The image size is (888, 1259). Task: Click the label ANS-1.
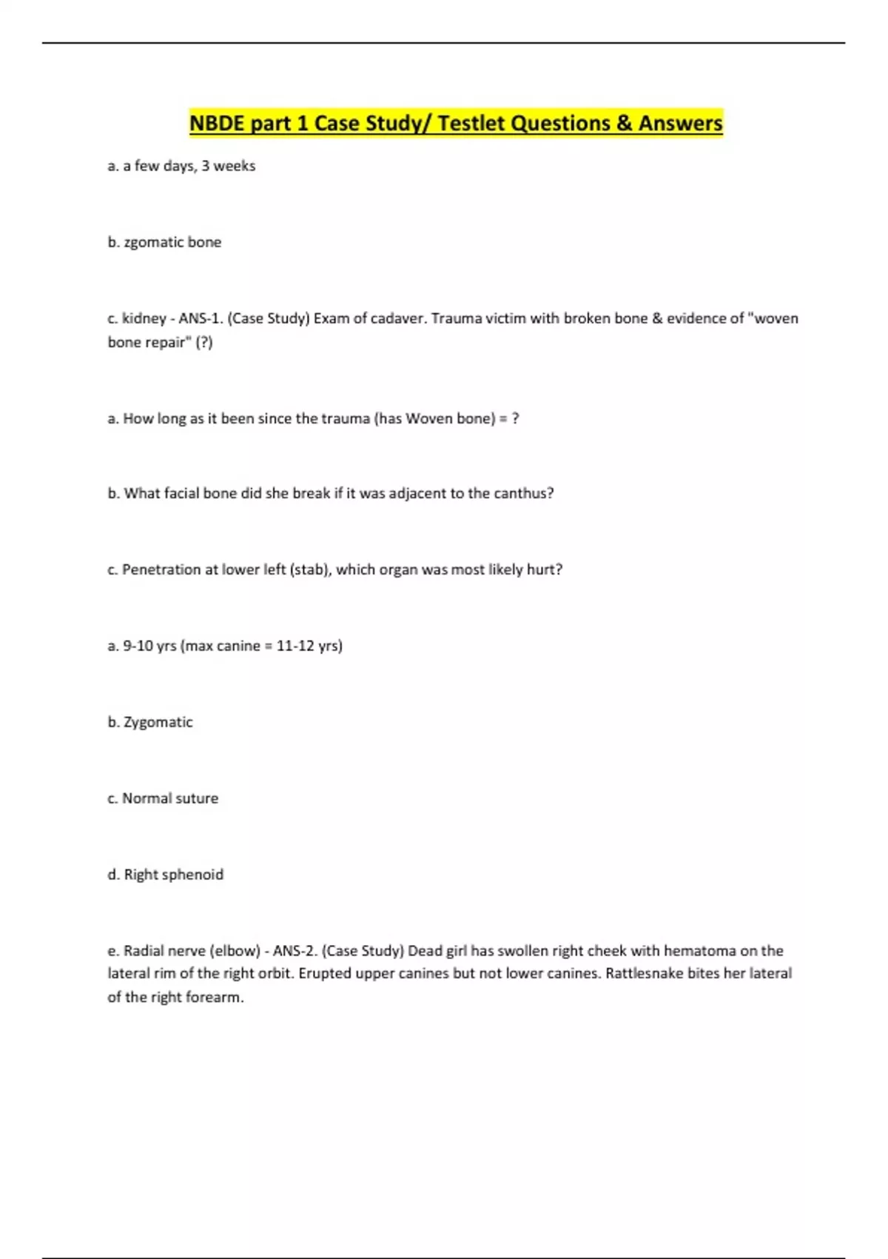coord(200,318)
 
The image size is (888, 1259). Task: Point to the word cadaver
coord(400,318)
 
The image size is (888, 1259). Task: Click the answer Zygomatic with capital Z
coord(158,722)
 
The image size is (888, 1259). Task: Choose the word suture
coord(196,798)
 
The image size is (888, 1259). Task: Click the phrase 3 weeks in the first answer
coord(228,166)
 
